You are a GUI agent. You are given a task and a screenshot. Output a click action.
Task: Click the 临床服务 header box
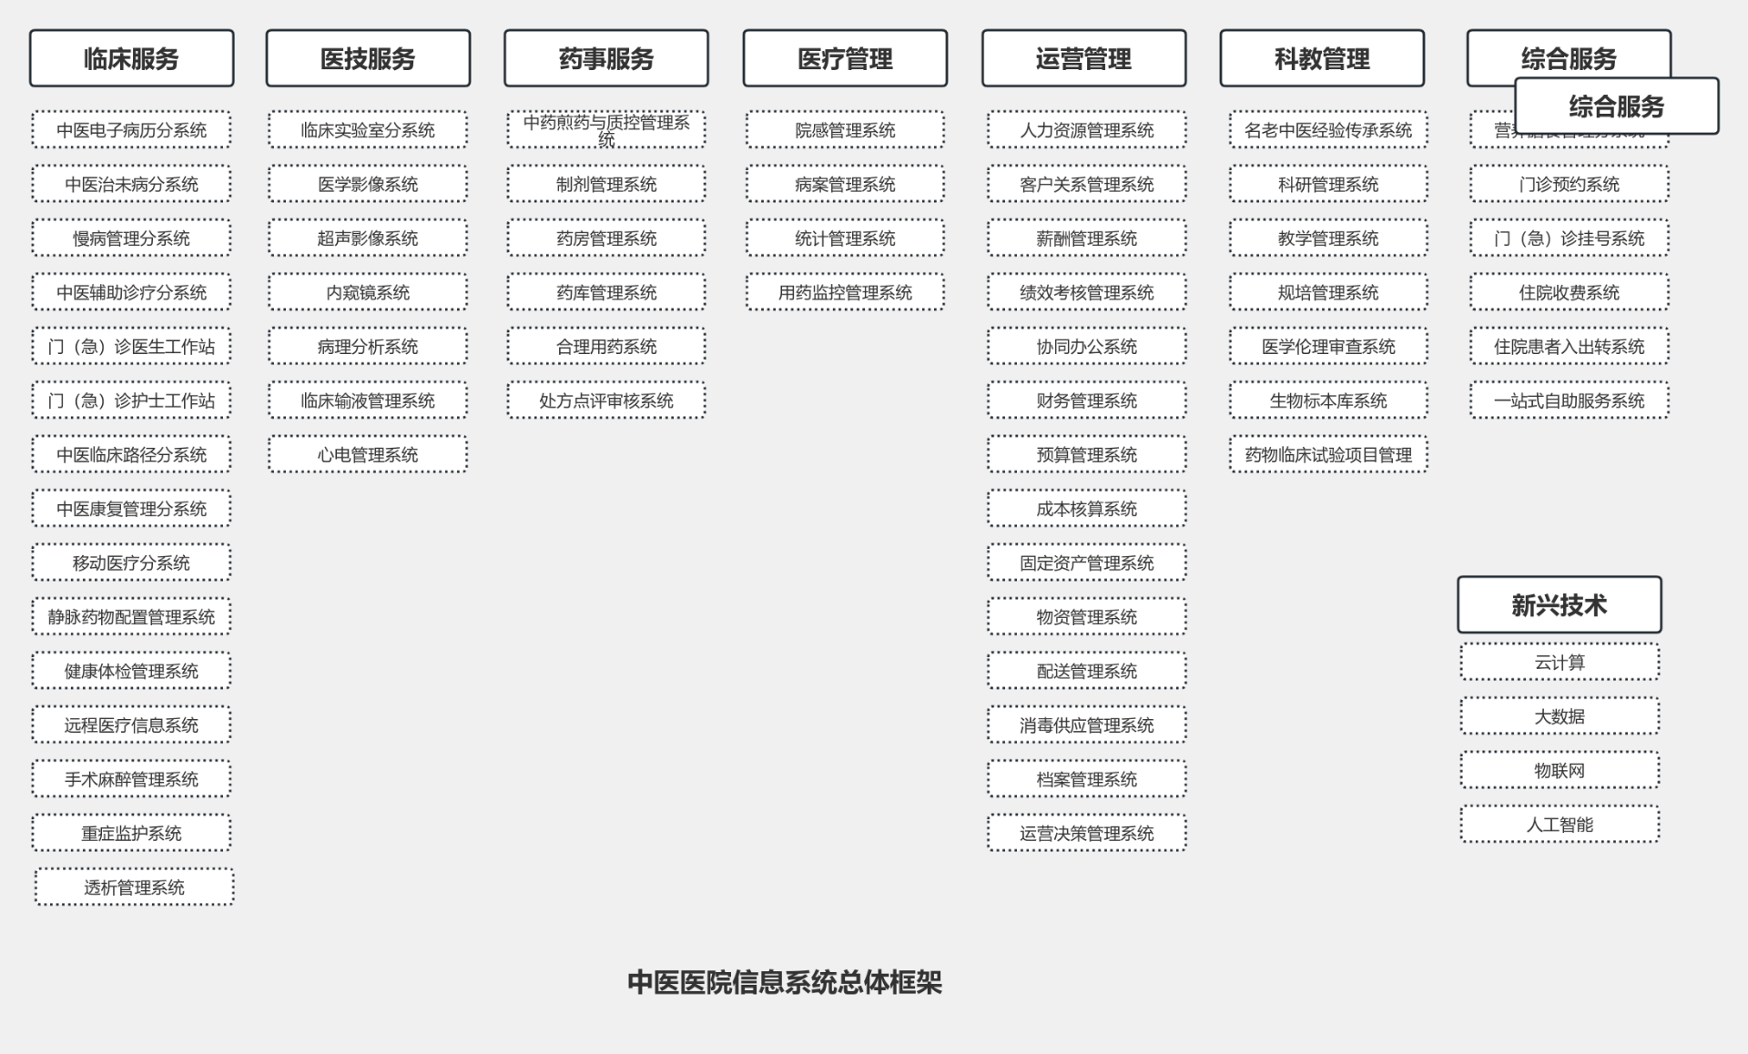(131, 58)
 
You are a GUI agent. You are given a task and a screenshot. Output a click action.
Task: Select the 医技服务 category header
(368, 58)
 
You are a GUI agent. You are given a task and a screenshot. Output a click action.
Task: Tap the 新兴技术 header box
(1559, 604)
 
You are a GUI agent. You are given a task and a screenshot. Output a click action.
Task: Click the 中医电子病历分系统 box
(131, 130)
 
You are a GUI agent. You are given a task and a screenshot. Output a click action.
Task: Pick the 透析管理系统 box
(134, 887)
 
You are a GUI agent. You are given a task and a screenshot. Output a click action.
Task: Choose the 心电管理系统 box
(368, 454)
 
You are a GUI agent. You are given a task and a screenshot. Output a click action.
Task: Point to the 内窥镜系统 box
(368, 292)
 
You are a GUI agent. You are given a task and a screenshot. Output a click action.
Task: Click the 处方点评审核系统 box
(606, 400)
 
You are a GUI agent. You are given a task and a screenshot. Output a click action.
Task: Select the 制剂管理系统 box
(606, 184)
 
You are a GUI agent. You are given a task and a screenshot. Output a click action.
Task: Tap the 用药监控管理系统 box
(845, 292)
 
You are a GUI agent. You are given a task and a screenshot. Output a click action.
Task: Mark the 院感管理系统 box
(845, 130)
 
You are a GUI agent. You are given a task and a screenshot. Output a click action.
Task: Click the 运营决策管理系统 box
(1086, 833)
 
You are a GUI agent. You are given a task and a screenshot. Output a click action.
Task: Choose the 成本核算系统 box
(1086, 509)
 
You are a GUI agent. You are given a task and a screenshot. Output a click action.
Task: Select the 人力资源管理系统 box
(1086, 130)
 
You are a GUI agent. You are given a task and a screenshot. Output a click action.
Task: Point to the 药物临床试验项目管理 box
(1328, 454)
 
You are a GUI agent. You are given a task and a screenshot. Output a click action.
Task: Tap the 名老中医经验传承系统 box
(1328, 130)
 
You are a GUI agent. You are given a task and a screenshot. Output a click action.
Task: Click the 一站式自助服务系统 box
(1569, 400)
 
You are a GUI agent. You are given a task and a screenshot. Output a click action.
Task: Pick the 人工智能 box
(1560, 825)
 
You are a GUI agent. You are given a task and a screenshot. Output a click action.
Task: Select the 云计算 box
(1560, 662)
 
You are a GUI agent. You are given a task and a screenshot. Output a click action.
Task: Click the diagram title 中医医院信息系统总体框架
(785, 982)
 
